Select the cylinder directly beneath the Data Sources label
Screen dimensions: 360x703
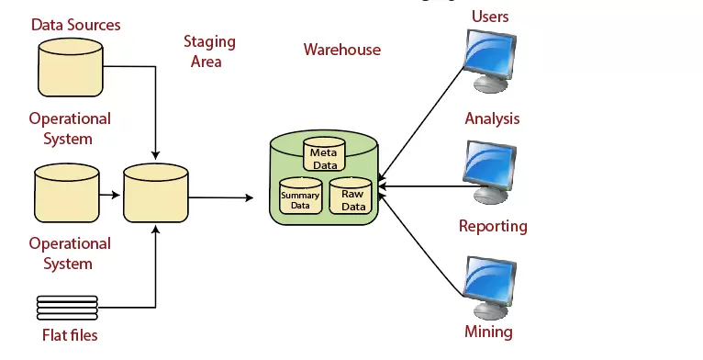70,65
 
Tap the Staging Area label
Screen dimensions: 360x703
209,51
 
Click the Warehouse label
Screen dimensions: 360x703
341,50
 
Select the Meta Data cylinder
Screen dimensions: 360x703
324,155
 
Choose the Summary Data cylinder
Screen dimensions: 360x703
300,196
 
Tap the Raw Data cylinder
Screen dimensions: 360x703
352,196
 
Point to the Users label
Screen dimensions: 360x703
489,17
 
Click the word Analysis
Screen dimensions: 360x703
492,118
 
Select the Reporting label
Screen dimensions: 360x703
493,226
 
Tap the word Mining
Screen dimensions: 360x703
488,332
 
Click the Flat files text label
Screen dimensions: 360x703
70,335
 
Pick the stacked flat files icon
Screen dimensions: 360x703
67,306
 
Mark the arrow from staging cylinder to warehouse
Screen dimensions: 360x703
220,197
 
